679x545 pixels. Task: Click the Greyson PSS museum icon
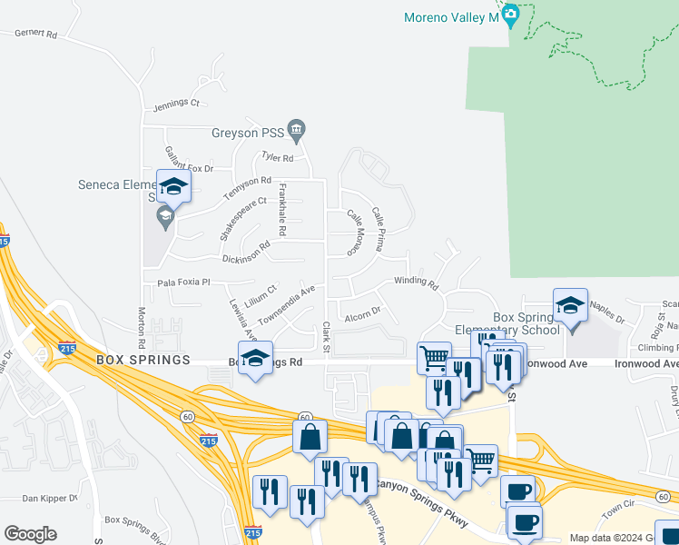297,133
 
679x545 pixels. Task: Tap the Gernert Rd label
35,35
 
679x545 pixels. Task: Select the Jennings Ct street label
176,104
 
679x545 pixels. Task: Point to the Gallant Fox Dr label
189,161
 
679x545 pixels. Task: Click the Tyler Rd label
278,157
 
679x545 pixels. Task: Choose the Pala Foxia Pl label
183,282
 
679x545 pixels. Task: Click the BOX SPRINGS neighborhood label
143,361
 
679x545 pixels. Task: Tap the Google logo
30,534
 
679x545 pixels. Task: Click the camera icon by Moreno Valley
511,14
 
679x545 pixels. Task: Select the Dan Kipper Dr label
47,498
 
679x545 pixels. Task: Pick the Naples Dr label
607,315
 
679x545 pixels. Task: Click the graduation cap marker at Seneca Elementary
173,187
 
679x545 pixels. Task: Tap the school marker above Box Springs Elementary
570,306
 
